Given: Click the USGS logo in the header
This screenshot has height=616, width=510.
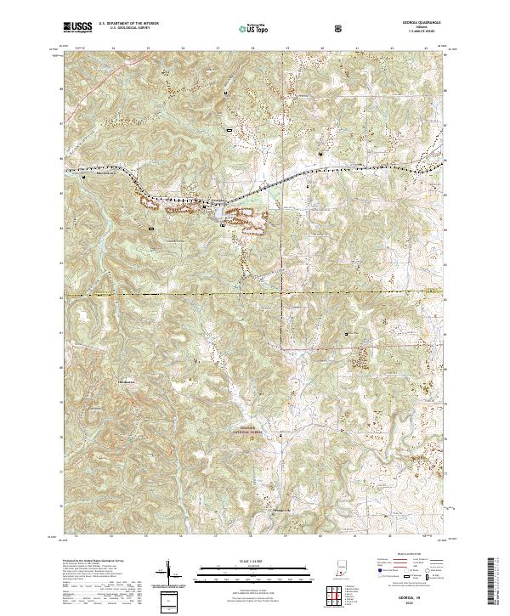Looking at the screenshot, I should pyautogui.click(x=76, y=27).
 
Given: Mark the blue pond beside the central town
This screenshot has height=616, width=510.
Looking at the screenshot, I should pyautogui.click(x=223, y=225).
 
